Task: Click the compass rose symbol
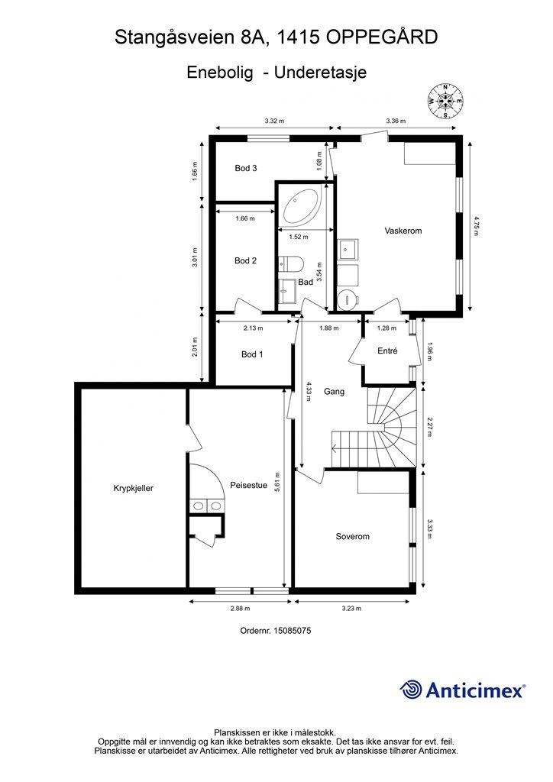click(x=445, y=102)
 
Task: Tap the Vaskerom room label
click(x=403, y=231)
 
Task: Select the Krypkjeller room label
click(x=133, y=488)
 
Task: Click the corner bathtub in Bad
click(x=302, y=206)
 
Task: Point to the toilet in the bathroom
click(x=290, y=263)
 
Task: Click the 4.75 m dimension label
click(x=476, y=225)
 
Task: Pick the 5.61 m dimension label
click(x=277, y=481)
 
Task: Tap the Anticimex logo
click(x=462, y=690)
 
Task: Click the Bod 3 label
click(x=246, y=168)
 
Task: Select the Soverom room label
click(x=353, y=537)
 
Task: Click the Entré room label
click(x=387, y=351)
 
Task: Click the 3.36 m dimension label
click(x=396, y=121)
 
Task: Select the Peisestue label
click(x=249, y=485)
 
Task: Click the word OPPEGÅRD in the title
click(x=382, y=37)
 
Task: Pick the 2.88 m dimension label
click(x=240, y=609)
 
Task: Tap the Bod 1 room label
click(x=252, y=354)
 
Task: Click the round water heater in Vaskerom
click(x=348, y=299)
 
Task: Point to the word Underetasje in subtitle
click(x=321, y=73)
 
